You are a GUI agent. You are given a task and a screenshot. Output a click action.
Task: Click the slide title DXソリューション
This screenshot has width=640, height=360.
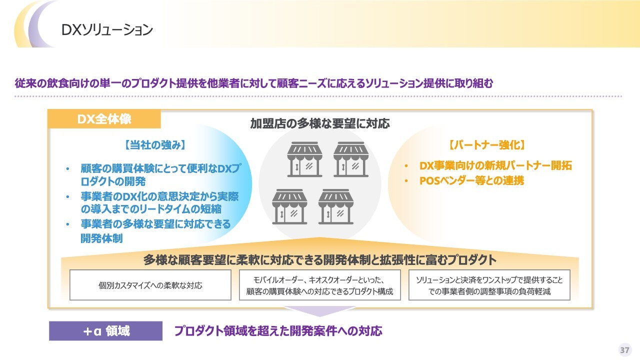tap(107, 29)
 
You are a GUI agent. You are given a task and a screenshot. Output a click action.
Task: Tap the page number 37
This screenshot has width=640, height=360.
tap(625, 350)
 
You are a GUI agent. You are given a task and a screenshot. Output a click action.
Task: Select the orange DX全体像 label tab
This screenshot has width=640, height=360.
tap(104, 119)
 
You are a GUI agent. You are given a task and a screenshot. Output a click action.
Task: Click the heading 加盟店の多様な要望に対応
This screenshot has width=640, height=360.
tap(320, 123)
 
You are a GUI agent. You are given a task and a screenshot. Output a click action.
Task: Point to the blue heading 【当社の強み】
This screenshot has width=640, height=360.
tap(155, 145)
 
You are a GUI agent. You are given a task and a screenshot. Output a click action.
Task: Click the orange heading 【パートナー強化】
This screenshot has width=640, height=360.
tap(487, 145)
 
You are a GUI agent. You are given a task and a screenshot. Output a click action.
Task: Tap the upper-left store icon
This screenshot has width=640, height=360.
tap(304, 159)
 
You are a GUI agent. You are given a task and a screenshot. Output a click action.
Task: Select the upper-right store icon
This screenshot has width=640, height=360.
tap(351, 159)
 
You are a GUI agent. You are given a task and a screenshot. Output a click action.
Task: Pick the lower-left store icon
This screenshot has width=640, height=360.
tap(289, 206)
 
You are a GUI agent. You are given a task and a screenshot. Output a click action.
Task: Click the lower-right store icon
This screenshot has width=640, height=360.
tap(335, 206)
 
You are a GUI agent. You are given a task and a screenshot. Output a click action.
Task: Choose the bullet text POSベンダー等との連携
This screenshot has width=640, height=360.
tap(471, 180)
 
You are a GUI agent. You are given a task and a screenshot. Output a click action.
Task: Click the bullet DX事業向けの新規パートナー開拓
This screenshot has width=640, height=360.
tap(495, 165)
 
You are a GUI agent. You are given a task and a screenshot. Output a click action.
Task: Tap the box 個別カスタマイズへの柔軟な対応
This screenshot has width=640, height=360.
tap(150, 285)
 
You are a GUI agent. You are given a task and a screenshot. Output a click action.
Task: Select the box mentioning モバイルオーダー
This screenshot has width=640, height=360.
tap(319, 285)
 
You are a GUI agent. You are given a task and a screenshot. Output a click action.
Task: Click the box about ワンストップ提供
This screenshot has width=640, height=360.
tap(489, 285)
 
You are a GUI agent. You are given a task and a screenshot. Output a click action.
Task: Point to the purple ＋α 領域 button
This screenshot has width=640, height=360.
tap(105, 331)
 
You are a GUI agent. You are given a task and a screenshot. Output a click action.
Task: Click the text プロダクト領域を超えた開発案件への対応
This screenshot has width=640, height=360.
tap(278, 331)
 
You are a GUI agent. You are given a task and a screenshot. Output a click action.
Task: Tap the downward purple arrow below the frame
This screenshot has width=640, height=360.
tap(319, 311)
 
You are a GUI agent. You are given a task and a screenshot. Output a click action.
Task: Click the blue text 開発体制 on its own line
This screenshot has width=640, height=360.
tap(101, 238)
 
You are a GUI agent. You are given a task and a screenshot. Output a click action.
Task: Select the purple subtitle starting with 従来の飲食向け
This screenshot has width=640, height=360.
tap(254, 83)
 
